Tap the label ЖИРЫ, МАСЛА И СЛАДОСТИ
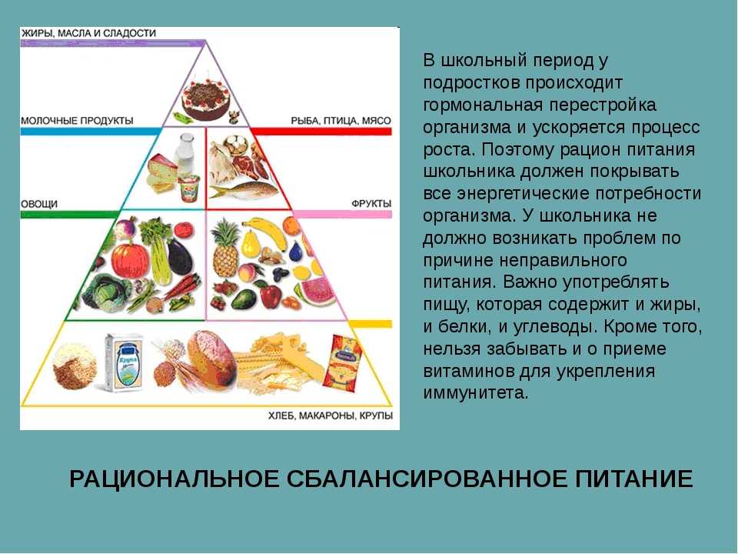click(x=88, y=33)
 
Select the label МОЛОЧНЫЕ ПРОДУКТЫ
click(x=77, y=120)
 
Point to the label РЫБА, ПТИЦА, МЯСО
click(x=341, y=121)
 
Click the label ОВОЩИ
click(x=39, y=204)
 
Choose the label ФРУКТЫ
click(x=371, y=204)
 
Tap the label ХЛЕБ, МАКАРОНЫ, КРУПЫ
click(x=331, y=415)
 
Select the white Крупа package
click(x=124, y=362)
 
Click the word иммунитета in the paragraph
click(x=476, y=393)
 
